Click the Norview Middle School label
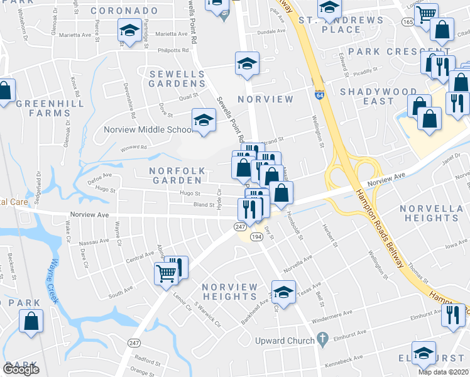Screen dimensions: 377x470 click(x=148, y=129)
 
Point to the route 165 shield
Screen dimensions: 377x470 click(x=408, y=21)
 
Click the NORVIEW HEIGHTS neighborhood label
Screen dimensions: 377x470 click(x=230, y=292)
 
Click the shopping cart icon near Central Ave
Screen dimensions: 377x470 click(x=165, y=273)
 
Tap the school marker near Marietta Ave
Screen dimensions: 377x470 click(x=129, y=30)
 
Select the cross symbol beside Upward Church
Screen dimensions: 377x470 click(x=322, y=341)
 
